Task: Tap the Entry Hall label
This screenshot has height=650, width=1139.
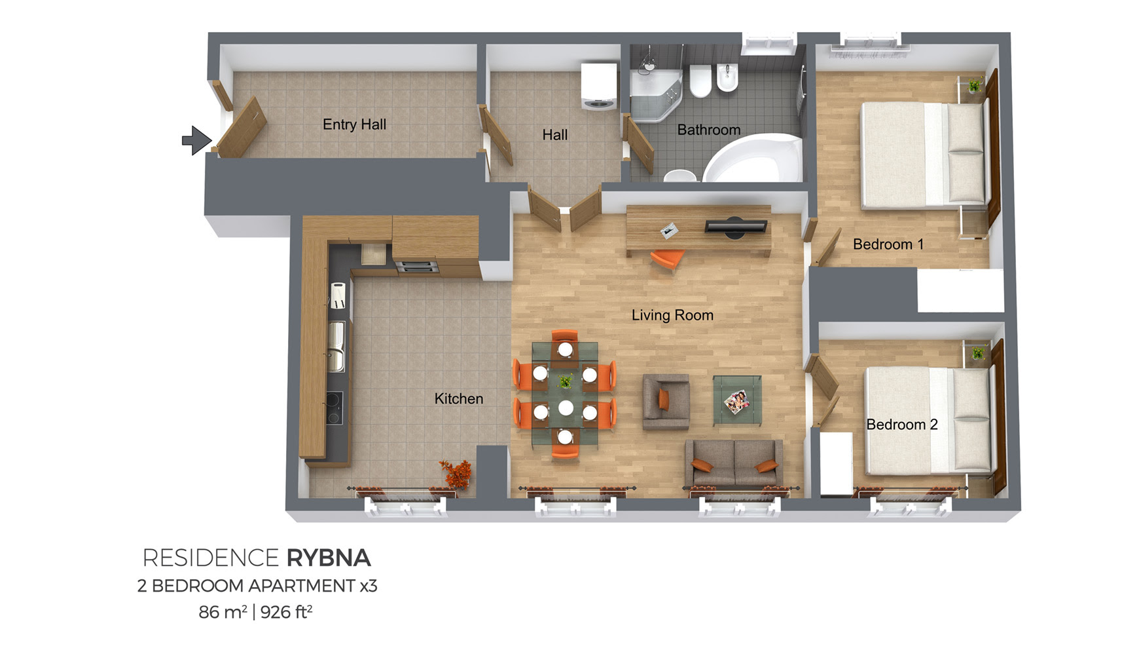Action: [354, 124]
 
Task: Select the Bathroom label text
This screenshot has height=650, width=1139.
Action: [709, 130]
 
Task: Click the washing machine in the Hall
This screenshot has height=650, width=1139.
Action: [599, 86]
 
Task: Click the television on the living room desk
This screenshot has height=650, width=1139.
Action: [735, 227]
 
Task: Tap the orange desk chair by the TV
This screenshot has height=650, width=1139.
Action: [667, 259]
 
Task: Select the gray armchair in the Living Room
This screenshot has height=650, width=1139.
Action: [666, 402]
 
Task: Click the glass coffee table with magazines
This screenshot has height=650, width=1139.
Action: [737, 400]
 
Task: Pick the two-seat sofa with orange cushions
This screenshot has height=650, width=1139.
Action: [734, 463]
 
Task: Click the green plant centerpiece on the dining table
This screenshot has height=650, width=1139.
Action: [565, 380]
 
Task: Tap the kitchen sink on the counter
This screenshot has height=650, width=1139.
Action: [336, 347]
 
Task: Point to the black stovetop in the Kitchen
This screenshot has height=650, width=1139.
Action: [334, 408]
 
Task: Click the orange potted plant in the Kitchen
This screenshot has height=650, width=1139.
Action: [456, 473]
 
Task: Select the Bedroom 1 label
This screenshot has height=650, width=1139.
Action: [888, 244]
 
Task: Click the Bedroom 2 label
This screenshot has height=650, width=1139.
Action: [902, 425]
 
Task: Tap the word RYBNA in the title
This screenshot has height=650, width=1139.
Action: [329, 558]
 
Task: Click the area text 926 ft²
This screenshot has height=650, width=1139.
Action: [287, 612]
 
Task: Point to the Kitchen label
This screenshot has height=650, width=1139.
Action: [459, 398]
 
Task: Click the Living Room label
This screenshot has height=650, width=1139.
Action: [672, 315]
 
